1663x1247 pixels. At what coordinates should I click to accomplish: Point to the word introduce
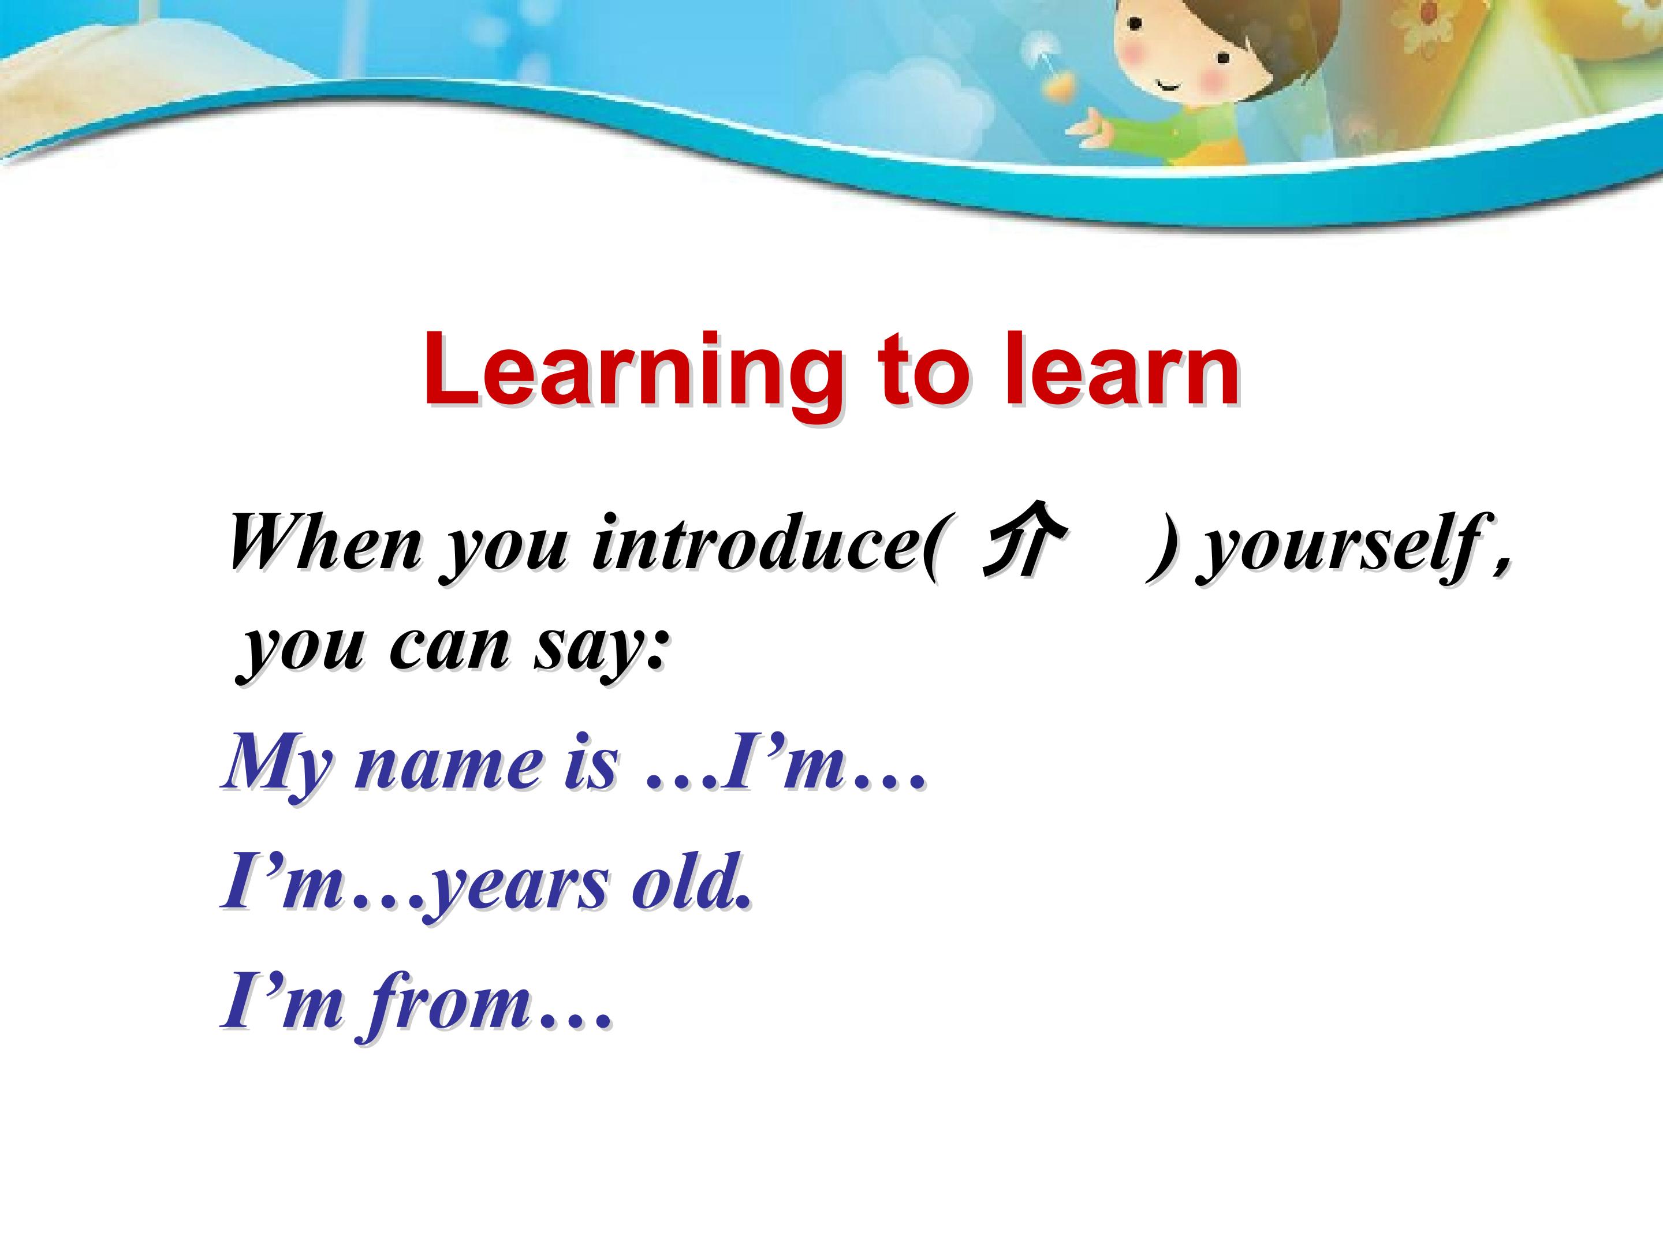[x=765, y=543]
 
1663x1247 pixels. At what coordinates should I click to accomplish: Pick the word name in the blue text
[x=448, y=765]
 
